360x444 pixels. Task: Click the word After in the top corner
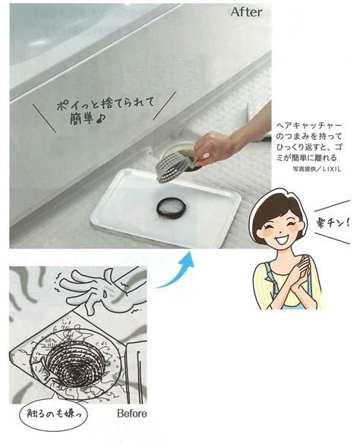click(x=248, y=14)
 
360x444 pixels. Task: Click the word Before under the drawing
click(x=133, y=414)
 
